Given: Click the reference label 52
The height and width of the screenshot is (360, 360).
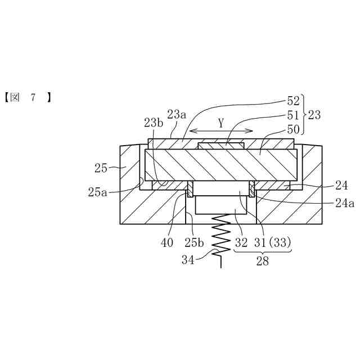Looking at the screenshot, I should tap(293, 101).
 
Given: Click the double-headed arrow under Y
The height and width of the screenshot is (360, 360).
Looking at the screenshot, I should tap(220, 131).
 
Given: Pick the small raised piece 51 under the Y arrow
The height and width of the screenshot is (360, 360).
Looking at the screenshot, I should tap(220, 146).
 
